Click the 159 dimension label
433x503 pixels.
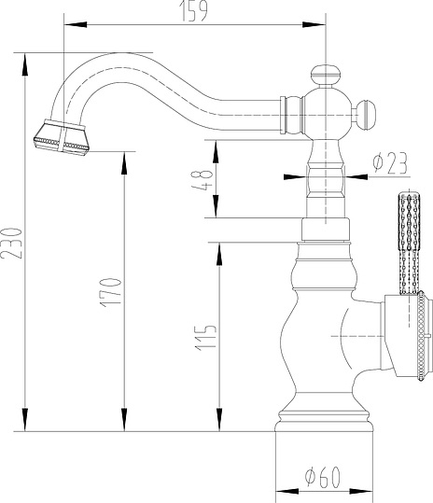(193, 11)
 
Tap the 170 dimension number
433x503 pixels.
(111, 293)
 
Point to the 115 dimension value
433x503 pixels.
(205, 338)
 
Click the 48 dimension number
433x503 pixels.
(203, 181)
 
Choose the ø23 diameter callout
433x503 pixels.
(391, 163)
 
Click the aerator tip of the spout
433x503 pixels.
(62, 138)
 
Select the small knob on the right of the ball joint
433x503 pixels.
(366, 115)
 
